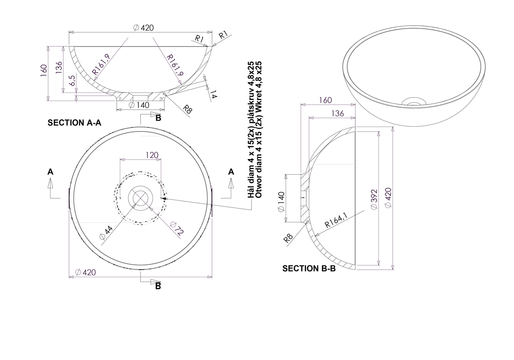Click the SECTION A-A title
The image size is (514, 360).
(74, 123)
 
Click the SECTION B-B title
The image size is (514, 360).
(309, 269)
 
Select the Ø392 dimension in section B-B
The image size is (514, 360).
(374, 199)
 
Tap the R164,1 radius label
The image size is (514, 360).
(336, 220)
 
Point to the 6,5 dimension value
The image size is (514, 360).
(72, 80)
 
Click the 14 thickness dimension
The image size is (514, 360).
(213, 94)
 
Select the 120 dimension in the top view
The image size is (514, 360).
(152, 155)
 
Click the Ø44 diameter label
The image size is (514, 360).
(106, 233)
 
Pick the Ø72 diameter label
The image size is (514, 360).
(176, 228)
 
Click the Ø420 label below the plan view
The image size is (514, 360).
(85, 272)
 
